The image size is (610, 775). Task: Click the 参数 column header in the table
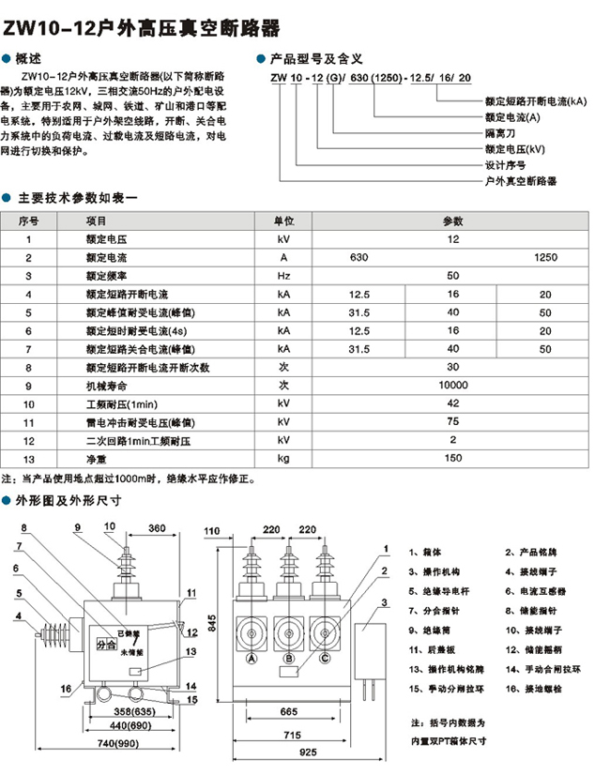[452, 221]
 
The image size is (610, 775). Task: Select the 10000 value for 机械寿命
[452, 386]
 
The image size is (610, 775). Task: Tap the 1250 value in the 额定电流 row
[545, 257]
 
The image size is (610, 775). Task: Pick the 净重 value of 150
[452, 458]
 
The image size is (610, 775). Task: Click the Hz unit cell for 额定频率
[283, 276]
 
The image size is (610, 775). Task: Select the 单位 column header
[283, 221]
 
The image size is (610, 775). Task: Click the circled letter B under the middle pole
[287, 660]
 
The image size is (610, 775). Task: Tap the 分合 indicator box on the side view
[106, 645]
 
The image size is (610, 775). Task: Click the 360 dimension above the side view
[157, 528]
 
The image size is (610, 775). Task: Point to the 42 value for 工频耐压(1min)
[452, 403]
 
